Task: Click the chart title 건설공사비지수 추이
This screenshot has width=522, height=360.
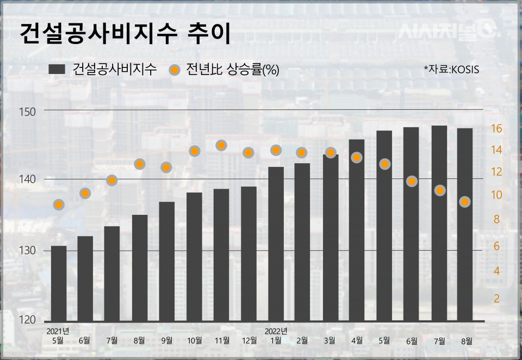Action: tap(125, 34)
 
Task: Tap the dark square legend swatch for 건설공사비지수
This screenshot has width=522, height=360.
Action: tap(57, 70)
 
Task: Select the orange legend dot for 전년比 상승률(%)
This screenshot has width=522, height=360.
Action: tap(175, 70)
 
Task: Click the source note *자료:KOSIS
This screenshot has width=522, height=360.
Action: tap(451, 70)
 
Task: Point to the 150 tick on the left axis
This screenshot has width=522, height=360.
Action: tap(27, 111)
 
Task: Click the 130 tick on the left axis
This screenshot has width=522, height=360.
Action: tap(27, 251)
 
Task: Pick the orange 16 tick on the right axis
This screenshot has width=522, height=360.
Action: tap(496, 129)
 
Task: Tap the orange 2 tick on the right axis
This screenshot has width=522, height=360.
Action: tap(496, 298)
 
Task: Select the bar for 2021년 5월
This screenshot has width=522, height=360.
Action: tap(59, 283)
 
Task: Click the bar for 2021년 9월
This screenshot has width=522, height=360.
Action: tap(167, 262)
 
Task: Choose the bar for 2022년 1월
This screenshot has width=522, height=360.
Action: tap(276, 244)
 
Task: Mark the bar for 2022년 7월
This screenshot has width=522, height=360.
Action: tap(439, 224)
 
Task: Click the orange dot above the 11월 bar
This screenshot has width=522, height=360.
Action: tap(221, 145)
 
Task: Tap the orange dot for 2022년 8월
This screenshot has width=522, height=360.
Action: tap(464, 202)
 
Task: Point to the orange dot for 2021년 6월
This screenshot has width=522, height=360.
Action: tap(85, 193)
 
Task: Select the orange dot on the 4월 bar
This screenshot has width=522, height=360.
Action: tap(357, 158)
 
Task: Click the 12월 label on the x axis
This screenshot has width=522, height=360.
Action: tap(249, 341)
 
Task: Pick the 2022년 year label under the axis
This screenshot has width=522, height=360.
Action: tap(276, 331)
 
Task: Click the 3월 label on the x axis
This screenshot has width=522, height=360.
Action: tap(330, 341)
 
